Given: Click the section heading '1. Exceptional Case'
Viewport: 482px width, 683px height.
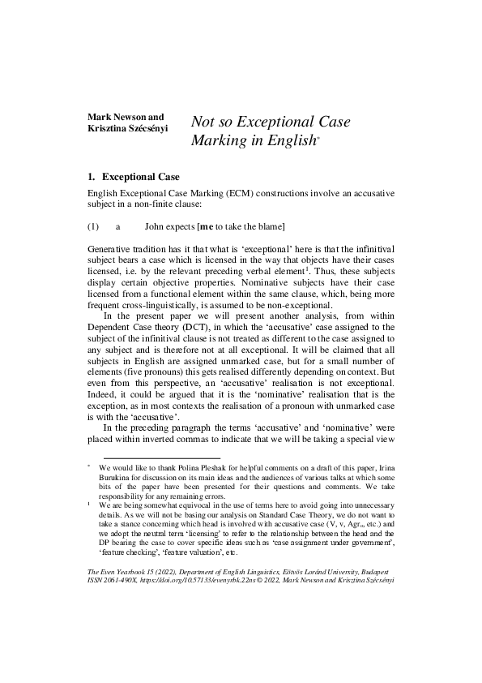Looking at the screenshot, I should tap(133, 176).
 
